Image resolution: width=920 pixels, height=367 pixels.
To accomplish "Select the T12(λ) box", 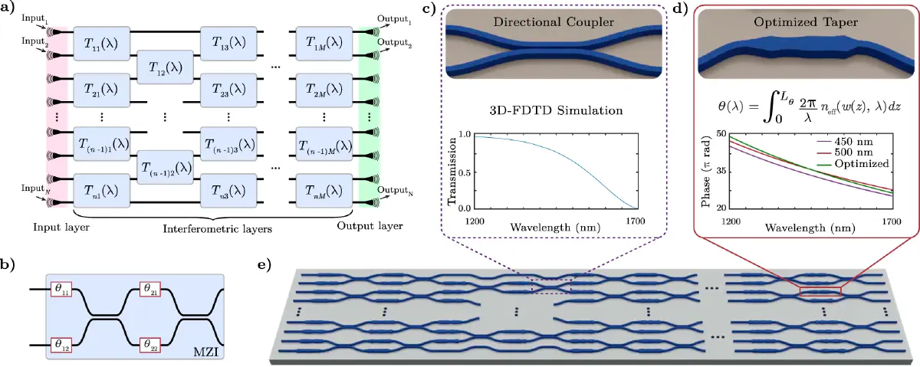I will click(x=165, y=67).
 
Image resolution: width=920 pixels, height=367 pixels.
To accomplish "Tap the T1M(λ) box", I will click(x=326, y=43).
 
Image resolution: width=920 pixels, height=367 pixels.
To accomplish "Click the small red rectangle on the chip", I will click(x=820, y=290).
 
